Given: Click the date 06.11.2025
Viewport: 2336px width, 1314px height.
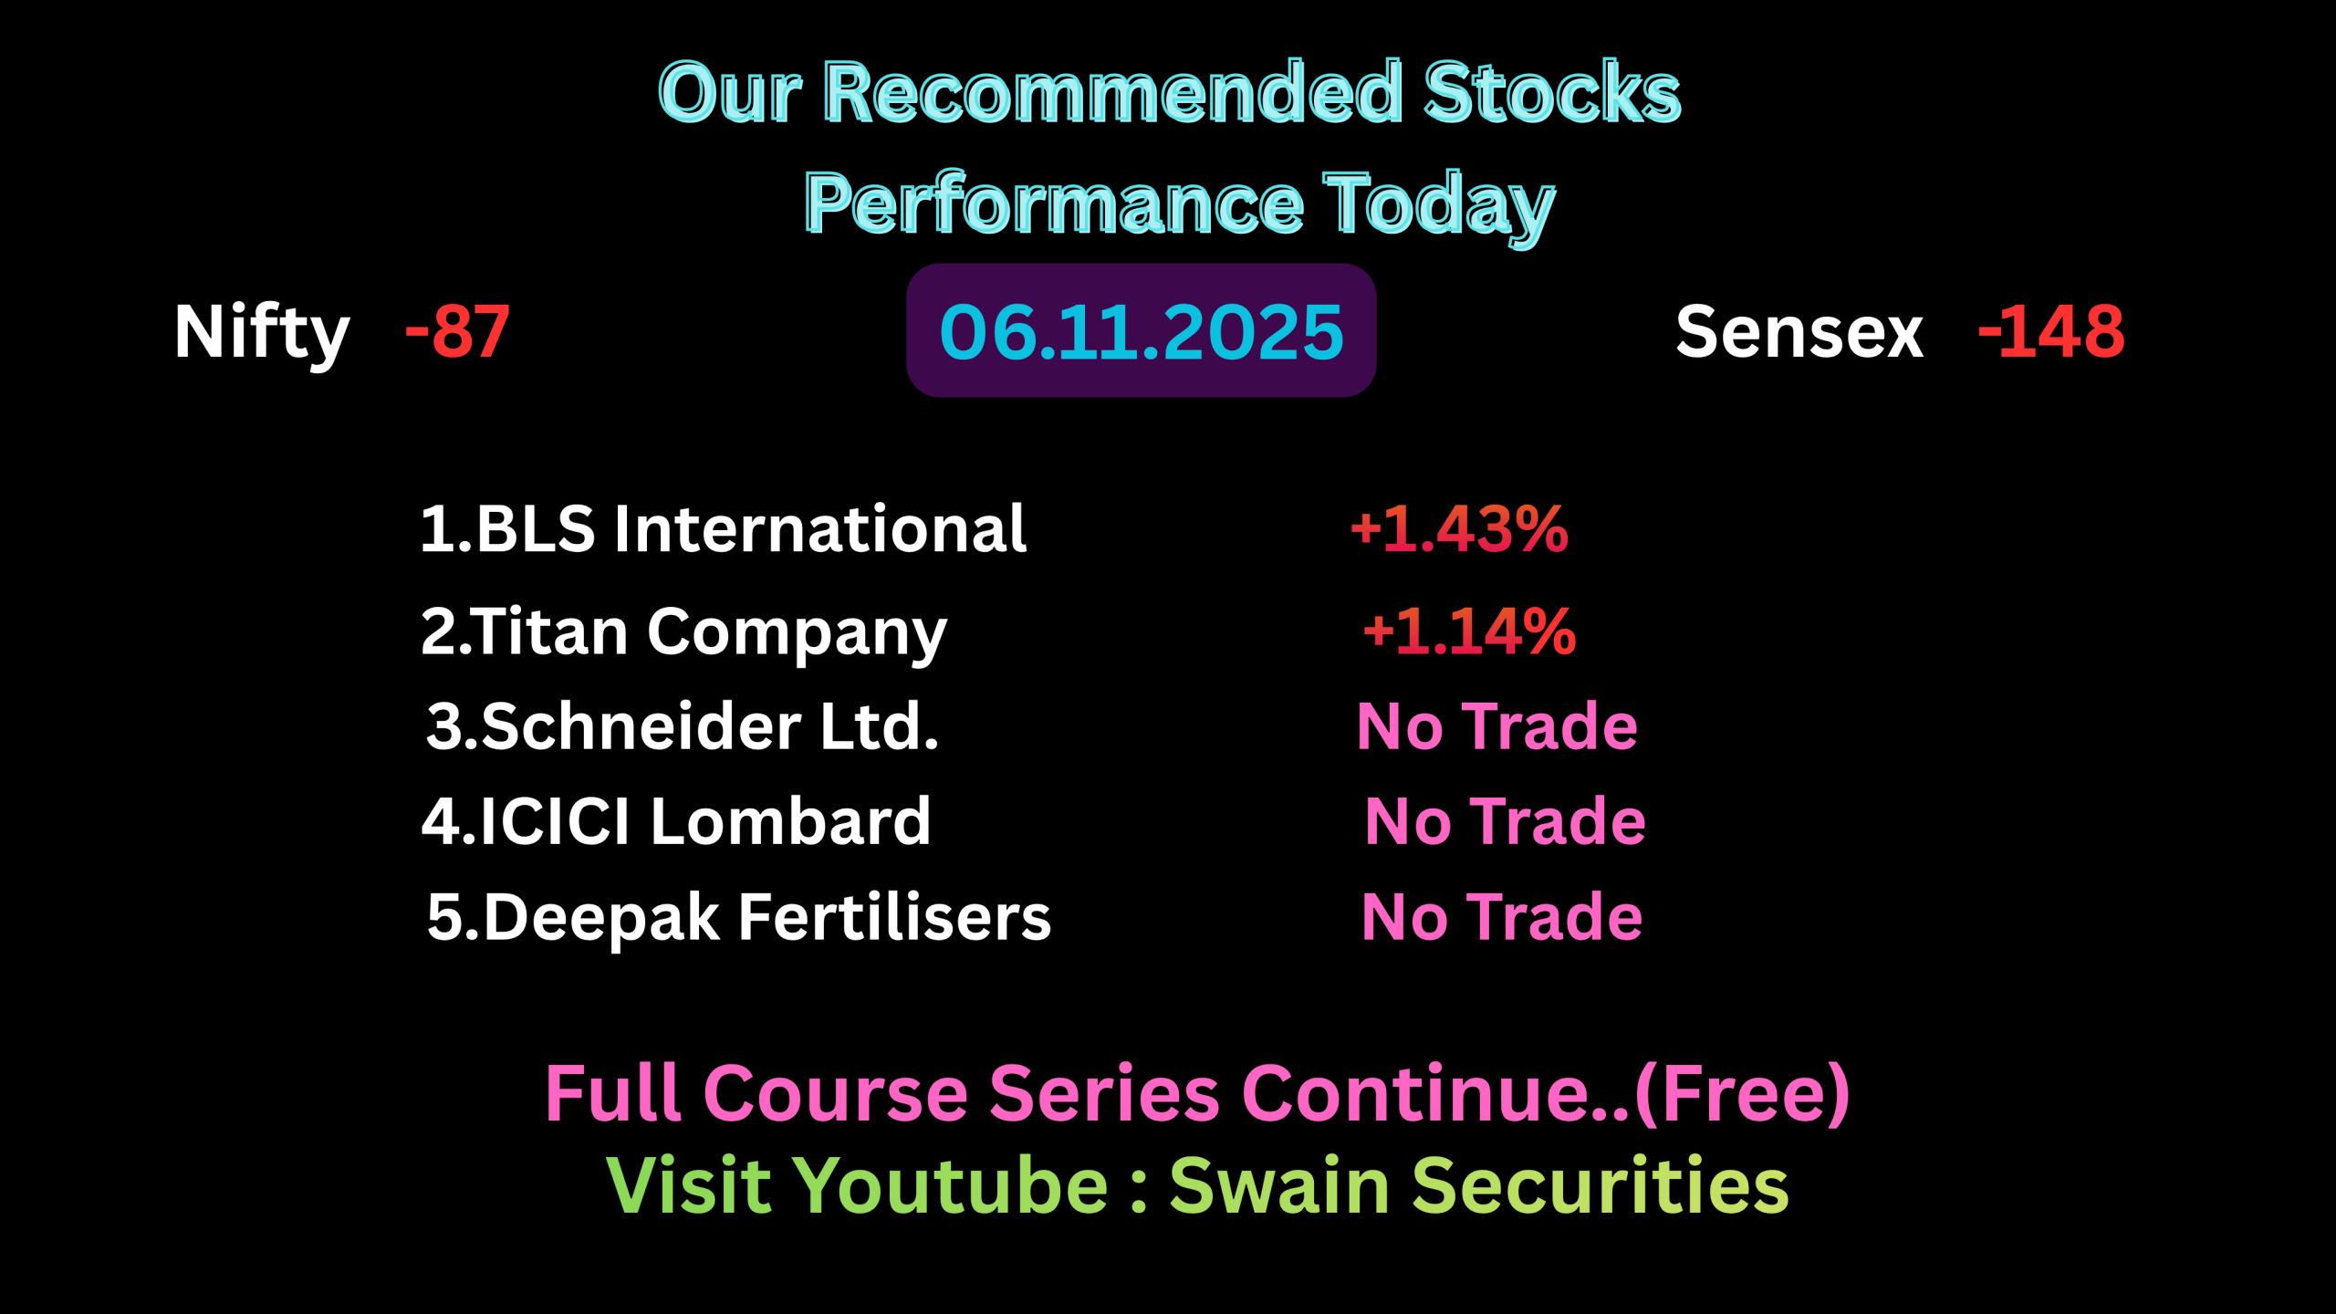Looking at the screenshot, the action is [x=1141, y=331].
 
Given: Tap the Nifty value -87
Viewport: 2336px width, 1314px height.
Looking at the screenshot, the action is [x=457, y=331].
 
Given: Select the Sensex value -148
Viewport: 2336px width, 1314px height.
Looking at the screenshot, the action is [x=2051, y=331].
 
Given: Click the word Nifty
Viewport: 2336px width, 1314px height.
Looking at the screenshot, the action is [x=262, y=334].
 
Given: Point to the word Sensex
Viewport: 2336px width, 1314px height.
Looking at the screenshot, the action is [x=1799, y=332].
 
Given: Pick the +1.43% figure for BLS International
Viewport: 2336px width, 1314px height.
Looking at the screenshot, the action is [x=1459, y=529].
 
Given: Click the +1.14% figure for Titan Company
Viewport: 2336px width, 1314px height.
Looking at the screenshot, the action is [x=1469, y=631].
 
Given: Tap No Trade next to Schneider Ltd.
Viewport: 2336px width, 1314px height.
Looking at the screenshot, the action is [x=1497, y=726].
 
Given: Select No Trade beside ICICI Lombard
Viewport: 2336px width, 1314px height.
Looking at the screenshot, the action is [x=1505, y=821].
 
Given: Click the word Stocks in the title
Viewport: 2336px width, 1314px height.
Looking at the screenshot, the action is [x=1552, y=92].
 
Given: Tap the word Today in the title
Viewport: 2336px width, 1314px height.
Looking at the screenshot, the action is [x=1439, y=207].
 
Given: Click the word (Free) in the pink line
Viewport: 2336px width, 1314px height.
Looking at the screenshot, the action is [x=1742, y=1094].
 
